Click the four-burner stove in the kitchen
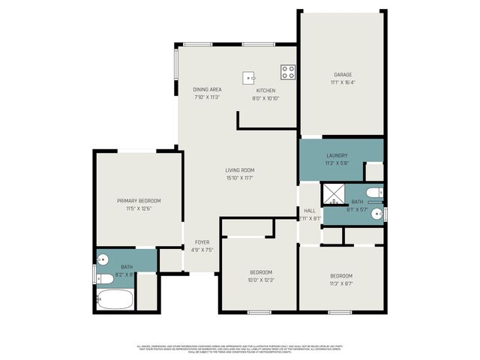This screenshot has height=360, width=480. pos(288,72)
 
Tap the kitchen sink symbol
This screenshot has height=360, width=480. pos(250,76)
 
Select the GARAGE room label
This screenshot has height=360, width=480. pos(343,74)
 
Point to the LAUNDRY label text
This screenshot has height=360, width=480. pos(337,155)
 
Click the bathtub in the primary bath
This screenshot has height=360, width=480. pos(115,299)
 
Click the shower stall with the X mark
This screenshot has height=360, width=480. pos(332,196)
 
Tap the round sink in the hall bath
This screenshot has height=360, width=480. pos(379,214)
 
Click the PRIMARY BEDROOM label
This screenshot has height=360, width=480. pos(139,201)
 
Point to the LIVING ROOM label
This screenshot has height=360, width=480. pos(240,171)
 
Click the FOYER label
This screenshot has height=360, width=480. pos(202,242)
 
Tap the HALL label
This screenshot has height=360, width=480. pos(309,211)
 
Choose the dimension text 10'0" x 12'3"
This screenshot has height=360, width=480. pos(261,279)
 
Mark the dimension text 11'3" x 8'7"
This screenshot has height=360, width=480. pos(340,283)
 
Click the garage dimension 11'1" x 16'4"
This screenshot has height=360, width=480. pos(343,82)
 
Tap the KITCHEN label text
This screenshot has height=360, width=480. pos(266,90)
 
